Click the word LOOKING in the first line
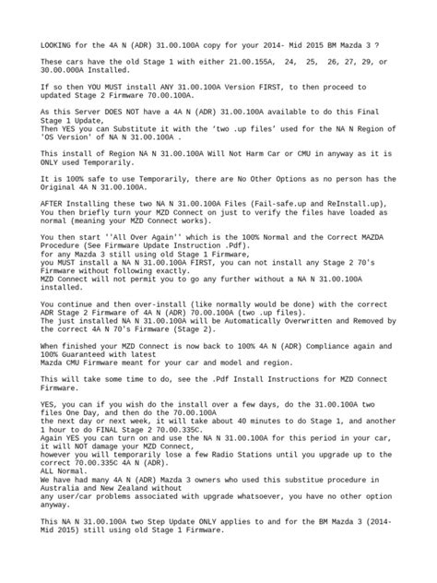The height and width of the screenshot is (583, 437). [x=58, y=43]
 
